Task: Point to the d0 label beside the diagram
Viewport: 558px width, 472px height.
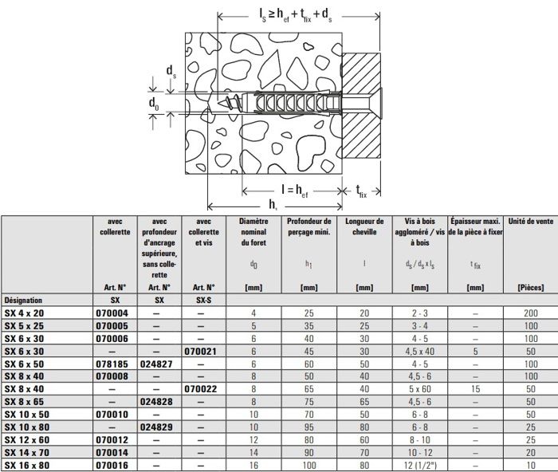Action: [x=154, y=103]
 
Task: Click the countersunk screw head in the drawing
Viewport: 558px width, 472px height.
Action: [x=363, y=102]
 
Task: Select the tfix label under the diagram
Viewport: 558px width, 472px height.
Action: [x=361, y=192]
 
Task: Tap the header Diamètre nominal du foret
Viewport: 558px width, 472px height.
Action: [x=254, y=231]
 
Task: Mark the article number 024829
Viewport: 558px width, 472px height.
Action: [x=159, y=426]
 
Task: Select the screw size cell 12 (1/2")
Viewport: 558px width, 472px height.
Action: [x=418, y=464]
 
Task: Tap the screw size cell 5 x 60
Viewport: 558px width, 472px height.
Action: [x=418, y=388]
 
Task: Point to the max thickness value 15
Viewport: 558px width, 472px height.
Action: [x=475, y=388]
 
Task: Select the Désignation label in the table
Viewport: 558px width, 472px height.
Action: [x=24, y=301]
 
